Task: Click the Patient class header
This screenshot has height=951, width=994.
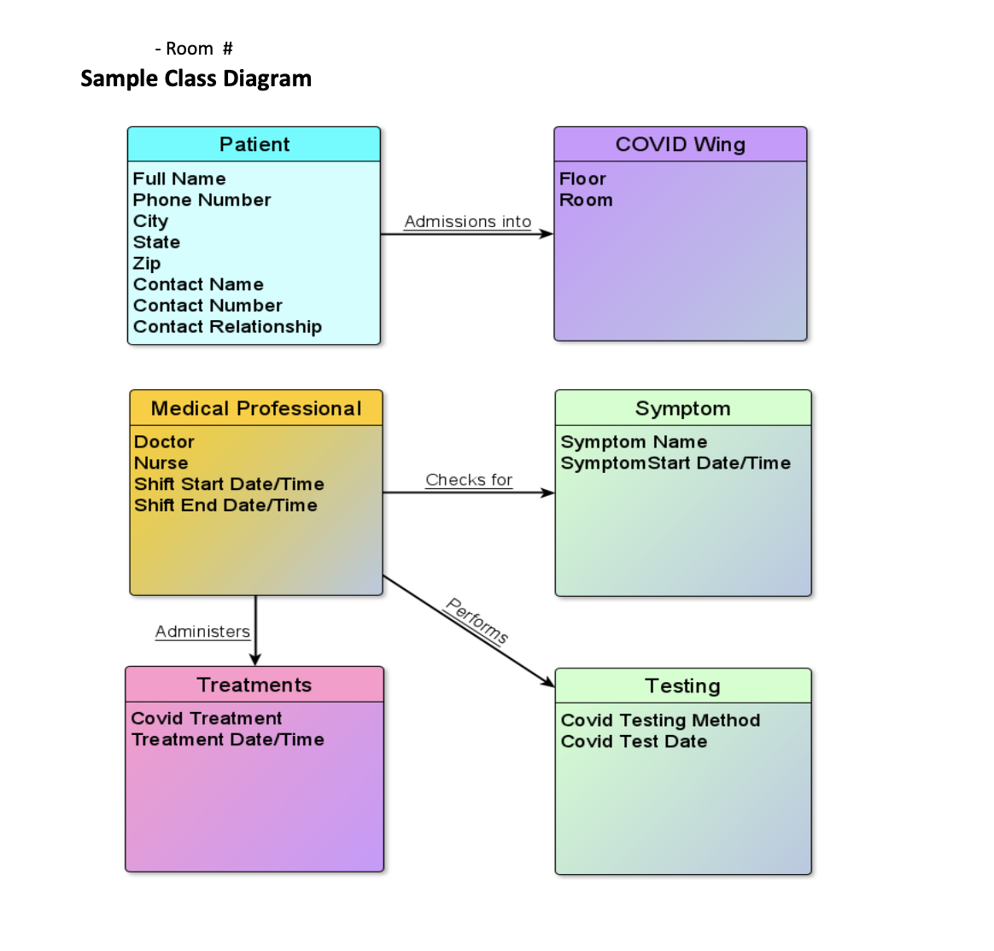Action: point(254,144)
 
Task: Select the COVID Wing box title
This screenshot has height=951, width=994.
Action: point(680,144)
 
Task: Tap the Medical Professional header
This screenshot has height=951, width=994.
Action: point(256,408)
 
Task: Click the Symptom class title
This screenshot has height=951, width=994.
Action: point(682,408)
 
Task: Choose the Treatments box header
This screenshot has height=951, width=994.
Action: point(254,685)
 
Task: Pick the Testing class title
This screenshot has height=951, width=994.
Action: point(682,686)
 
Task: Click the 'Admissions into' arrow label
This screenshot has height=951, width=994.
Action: point(467,221)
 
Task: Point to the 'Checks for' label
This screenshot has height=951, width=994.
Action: point(469,480)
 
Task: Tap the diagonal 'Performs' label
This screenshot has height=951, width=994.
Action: point(477,621)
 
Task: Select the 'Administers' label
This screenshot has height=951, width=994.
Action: point(202,632)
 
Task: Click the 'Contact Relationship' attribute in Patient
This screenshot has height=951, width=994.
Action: point(227,327)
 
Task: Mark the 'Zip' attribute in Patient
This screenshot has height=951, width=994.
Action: point(147,263)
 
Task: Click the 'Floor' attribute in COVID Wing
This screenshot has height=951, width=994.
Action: point(582,178)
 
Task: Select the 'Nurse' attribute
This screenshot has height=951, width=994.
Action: point(161,463)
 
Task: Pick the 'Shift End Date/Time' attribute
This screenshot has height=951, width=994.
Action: point(225,505)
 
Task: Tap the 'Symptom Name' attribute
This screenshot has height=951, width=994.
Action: point(634,441)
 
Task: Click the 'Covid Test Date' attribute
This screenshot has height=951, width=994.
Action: point(634,741)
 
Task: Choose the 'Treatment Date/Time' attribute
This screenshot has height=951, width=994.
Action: point(227,739)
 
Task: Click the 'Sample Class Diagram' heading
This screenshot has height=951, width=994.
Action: point(196,79)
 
